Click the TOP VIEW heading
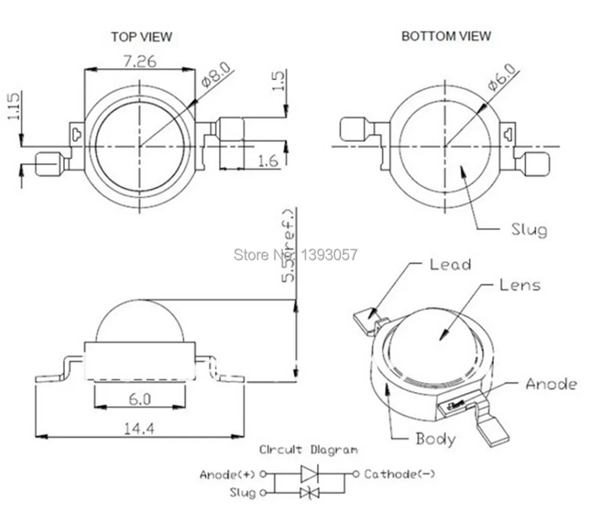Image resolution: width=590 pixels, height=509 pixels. point(142,37)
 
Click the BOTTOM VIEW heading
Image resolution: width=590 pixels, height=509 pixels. point(446,36)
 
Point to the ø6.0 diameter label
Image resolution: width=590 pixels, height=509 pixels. point(502,76)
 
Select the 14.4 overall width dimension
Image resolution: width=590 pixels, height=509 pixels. point(140,429)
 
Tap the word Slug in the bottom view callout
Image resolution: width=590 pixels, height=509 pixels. point(529,229)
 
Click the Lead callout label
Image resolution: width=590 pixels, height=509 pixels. point(450,265)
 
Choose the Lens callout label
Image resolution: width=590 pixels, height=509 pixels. point(519,285)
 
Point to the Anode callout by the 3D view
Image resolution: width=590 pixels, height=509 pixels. point(551,384)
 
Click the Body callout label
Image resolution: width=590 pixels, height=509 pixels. point(435,439)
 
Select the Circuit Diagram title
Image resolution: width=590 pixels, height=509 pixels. point(309,450)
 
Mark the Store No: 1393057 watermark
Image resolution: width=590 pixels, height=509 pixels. point(296,255)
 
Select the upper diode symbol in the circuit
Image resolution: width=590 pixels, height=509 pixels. point(309,474)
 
